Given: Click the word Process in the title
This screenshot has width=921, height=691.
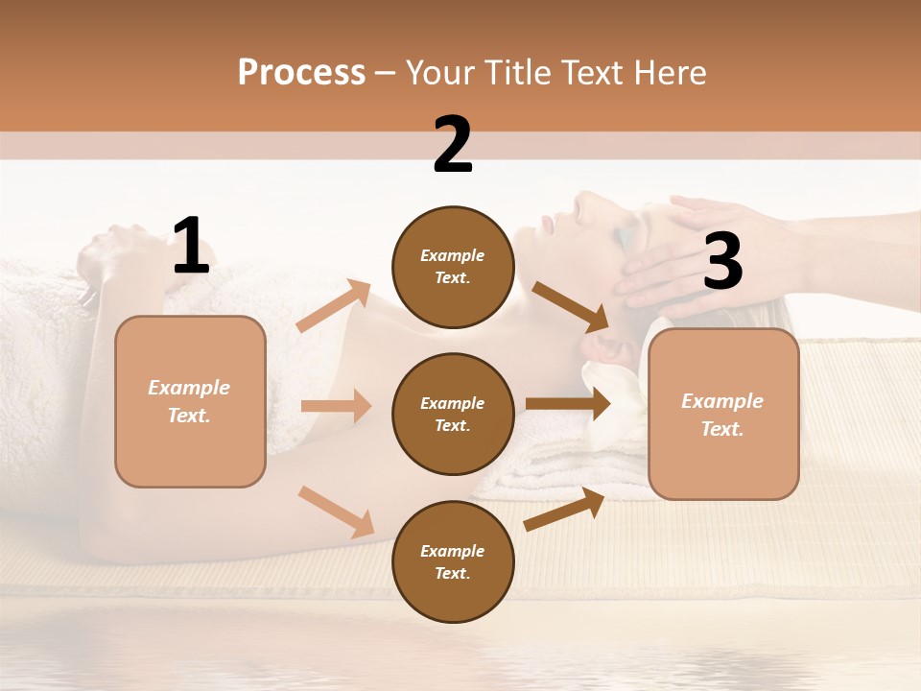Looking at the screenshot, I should coord(301,73).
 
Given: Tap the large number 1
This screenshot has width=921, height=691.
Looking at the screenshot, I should coord(191,247).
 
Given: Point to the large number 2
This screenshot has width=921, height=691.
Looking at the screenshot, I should coord(453,145).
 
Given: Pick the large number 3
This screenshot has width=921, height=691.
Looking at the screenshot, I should coord(722,261).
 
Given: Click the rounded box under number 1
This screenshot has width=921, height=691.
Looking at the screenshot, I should coord(190,401).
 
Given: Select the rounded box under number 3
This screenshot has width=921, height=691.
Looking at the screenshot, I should coord(723,414).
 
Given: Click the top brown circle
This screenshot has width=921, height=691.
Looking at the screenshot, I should coord(453,267).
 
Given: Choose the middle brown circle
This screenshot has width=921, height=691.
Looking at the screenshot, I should coord(453,414).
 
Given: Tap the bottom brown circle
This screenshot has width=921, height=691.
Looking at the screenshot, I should coord(453,561).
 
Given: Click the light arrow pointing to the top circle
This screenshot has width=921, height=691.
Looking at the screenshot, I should coord(334,306).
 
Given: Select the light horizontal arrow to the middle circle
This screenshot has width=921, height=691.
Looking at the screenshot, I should coord(336,406).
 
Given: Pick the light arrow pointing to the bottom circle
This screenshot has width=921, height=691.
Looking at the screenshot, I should coord(336,512).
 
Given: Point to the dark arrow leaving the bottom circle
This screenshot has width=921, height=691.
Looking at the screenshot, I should coord(564,510).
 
